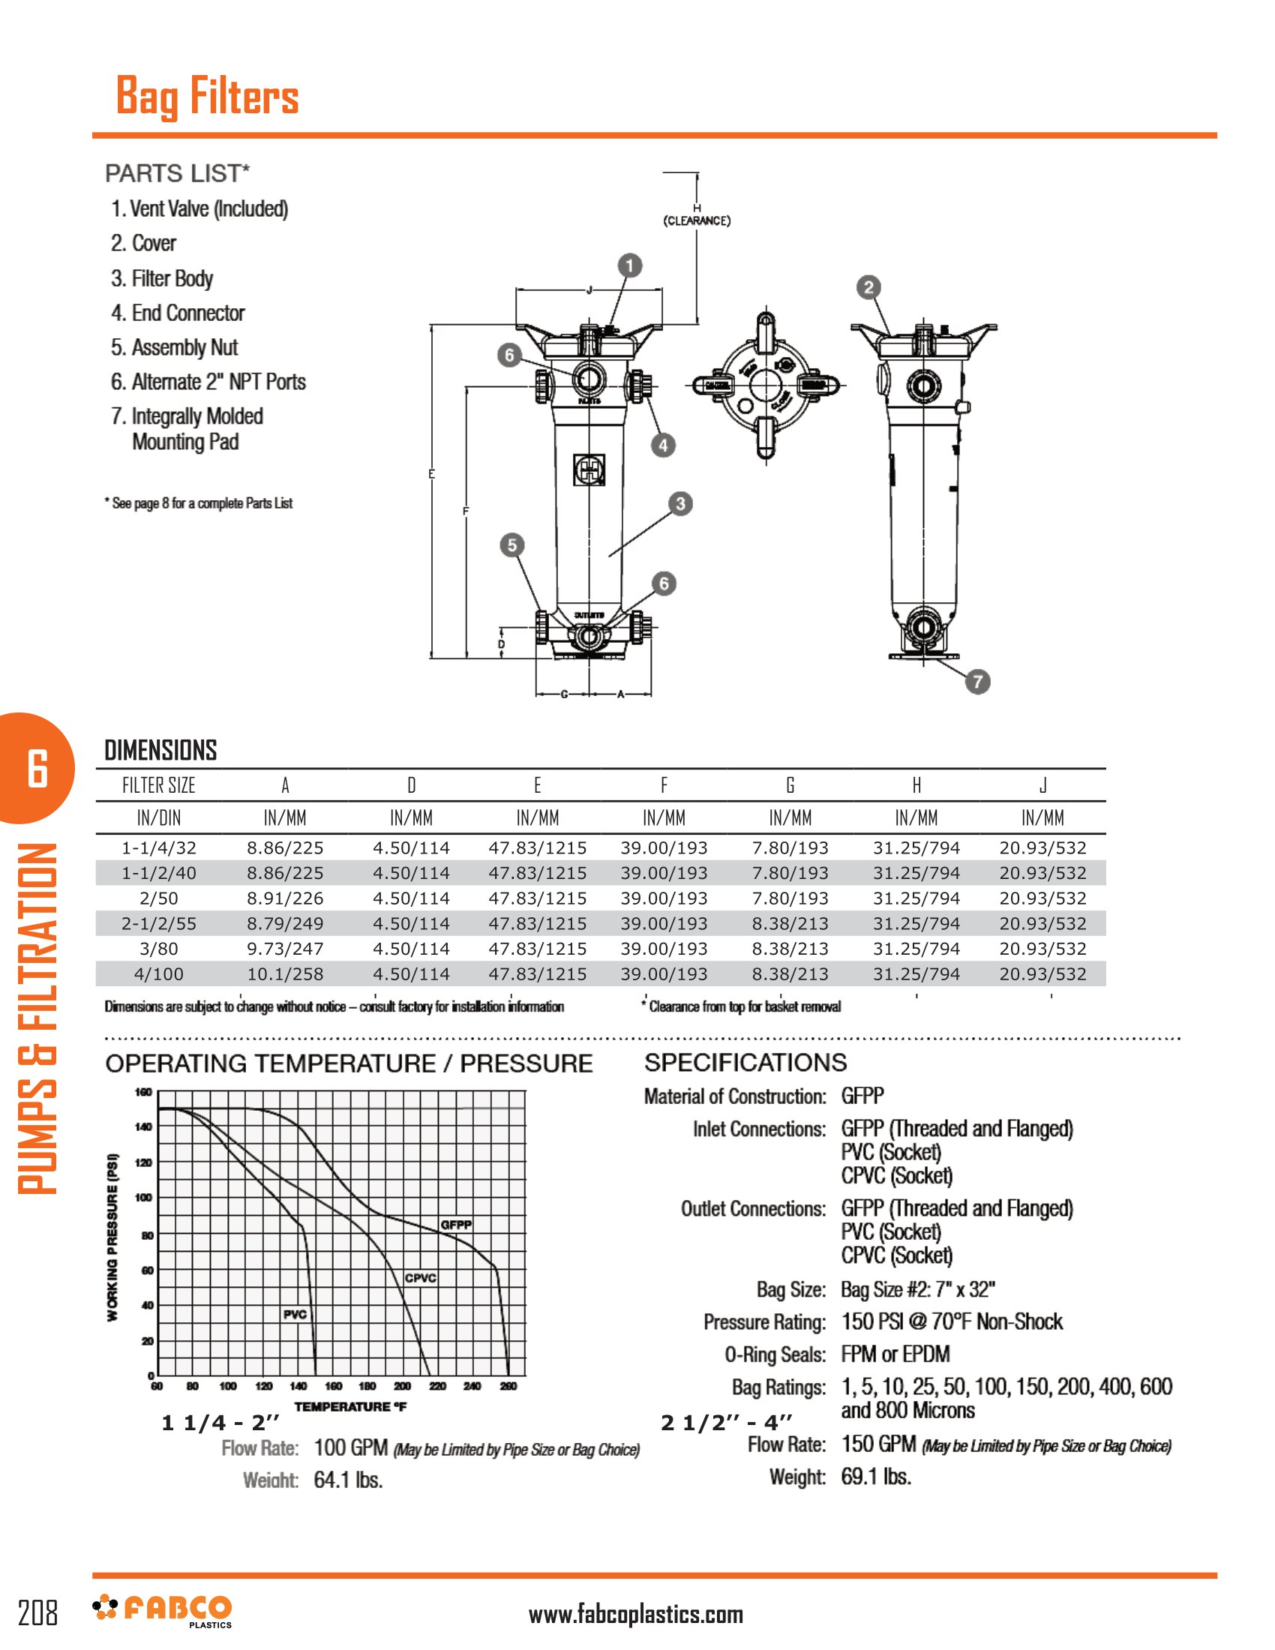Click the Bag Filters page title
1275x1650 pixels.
coord(207,97)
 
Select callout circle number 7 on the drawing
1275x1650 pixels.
coord(977,682)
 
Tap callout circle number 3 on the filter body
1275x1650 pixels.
coord(679,504)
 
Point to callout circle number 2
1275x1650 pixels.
coord(868,287)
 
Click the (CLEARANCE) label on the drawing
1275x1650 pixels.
coord(697,220)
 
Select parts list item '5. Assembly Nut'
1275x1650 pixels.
coord(175,347)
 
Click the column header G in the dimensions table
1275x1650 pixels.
coord(790,786)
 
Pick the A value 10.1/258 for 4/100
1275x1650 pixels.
coord(285,974)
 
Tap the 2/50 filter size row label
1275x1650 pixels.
coord(158,899)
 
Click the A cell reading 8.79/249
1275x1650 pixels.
coord(285,924)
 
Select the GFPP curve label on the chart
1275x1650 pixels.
coord(456,1225)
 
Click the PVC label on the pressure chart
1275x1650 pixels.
coord(295,1315)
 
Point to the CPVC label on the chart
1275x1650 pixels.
coord(420,1278)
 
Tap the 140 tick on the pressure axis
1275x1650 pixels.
coord(142,1126)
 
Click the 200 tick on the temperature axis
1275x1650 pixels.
coord(402,1386)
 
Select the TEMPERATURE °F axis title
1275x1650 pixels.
coord(349,1407)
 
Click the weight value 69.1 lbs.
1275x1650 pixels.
coord(876,1477)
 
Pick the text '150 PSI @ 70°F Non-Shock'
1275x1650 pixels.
coord(952,1322)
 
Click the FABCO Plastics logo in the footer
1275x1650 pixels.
coord(163,1611)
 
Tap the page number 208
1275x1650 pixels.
coord(37,1613)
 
